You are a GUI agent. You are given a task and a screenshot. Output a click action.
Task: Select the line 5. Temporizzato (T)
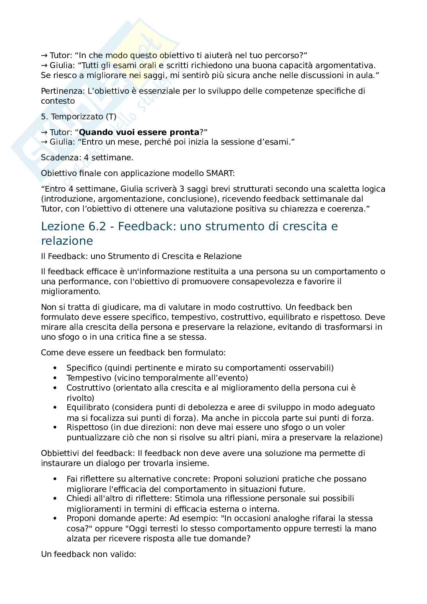pos(78,116)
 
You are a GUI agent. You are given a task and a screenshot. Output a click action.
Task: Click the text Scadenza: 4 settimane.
pos(87,157)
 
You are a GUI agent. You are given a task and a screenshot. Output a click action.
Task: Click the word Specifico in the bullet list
pos(84,368)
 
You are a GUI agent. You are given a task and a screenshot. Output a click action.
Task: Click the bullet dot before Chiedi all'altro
pos(56,498)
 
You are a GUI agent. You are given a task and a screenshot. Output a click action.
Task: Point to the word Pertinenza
pos(59,91)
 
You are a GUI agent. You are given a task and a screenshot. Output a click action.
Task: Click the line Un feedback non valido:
pos(88,554)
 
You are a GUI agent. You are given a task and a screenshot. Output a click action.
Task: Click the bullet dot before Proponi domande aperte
pos(56,518)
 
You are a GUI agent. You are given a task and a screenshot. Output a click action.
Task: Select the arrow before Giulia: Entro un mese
pos(44,142)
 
